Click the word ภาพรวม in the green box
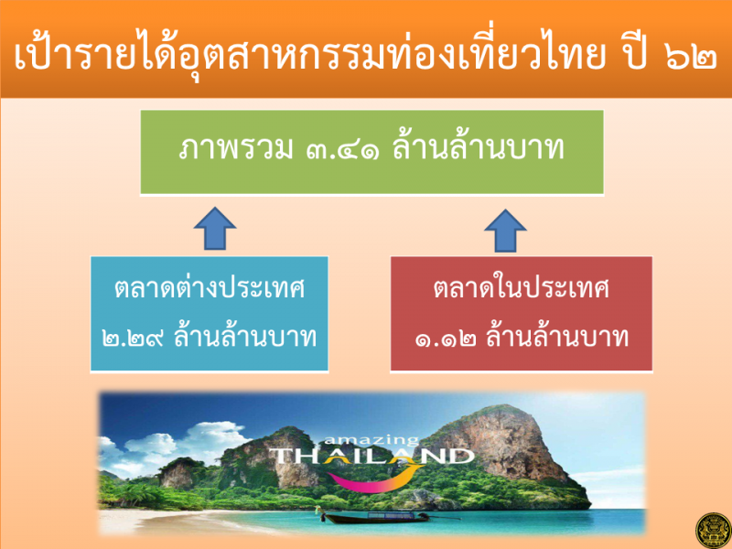pos(236,149)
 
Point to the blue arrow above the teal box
pos(215,228)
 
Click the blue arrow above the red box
pos(505,231)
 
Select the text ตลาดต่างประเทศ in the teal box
pos(210,287)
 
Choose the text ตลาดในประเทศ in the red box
pos(521,287)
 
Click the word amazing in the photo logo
pos(371,440)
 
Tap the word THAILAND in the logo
pos(371,457)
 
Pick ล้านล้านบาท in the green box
pos(478,148)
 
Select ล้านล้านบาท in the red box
pos(557,335)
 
